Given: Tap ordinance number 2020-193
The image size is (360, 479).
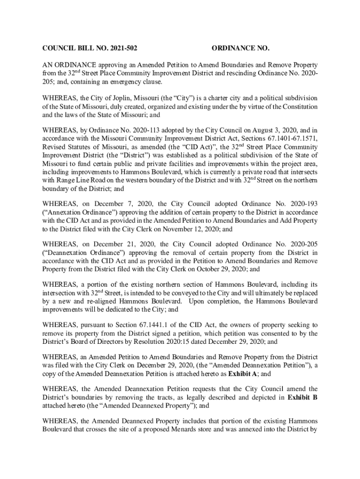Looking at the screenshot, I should click(300, 204).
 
